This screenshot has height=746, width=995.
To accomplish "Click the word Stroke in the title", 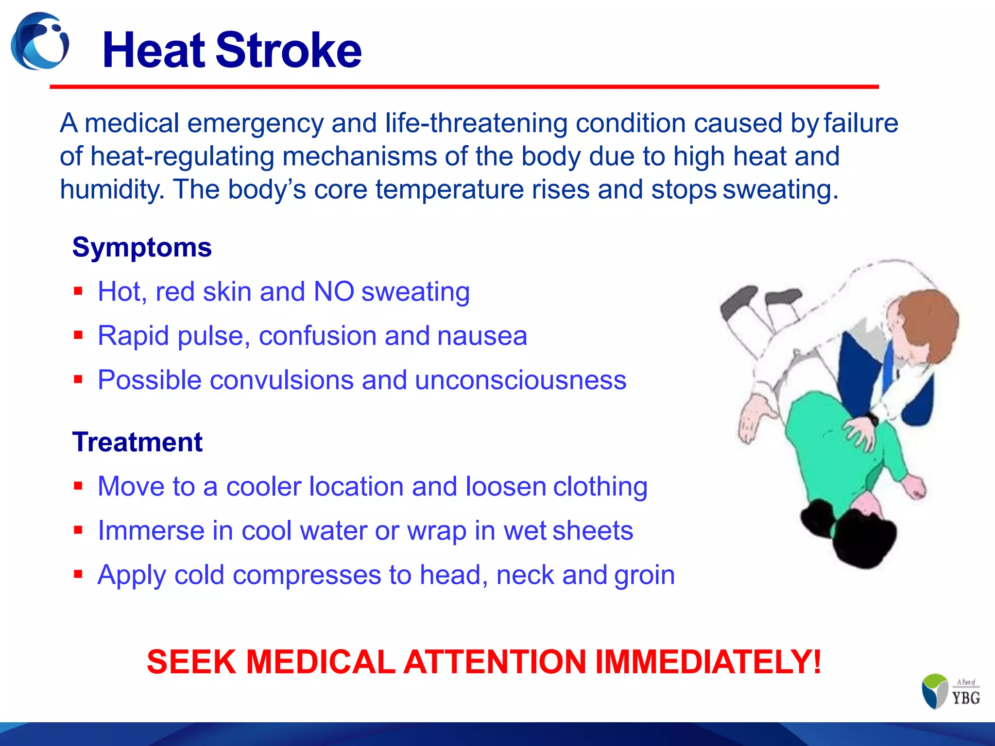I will pos(289,51).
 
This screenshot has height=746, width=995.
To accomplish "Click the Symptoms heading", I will pos(142,247).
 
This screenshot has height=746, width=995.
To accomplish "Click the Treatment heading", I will pos(137,442).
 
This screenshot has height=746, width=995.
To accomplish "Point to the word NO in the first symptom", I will pos(334,291).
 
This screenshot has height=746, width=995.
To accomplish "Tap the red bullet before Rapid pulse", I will pos(78,335).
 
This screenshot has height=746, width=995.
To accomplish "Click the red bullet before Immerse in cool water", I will pos(78,530).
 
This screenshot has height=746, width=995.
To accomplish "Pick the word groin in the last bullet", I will pos(644,575).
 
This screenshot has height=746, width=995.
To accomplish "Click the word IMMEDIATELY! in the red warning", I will pos(708,662).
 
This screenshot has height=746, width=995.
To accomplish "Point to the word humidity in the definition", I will pos(112,189).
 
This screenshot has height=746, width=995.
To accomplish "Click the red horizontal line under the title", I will pos(464,86).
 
